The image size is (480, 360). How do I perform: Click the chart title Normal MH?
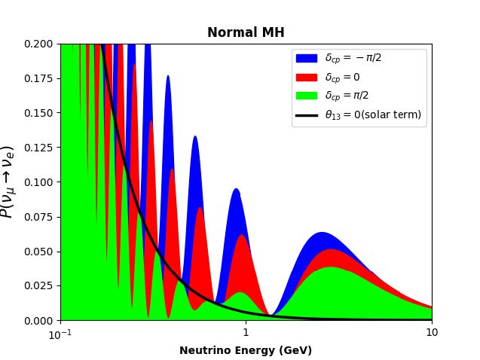[246, 32]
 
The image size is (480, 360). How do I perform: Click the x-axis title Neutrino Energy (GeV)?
[246, 350]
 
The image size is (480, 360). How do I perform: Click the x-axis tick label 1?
[246, 333]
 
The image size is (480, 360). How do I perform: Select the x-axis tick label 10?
[431, 333]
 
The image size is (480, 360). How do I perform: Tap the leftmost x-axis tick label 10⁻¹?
[61, 333]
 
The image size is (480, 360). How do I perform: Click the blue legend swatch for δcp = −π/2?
[306, 58]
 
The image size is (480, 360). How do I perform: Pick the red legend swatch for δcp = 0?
[306, 77]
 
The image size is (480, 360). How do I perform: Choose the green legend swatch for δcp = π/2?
[306, 96]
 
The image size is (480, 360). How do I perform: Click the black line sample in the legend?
[306, 114]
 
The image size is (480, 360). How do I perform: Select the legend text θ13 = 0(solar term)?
[373, 114]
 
